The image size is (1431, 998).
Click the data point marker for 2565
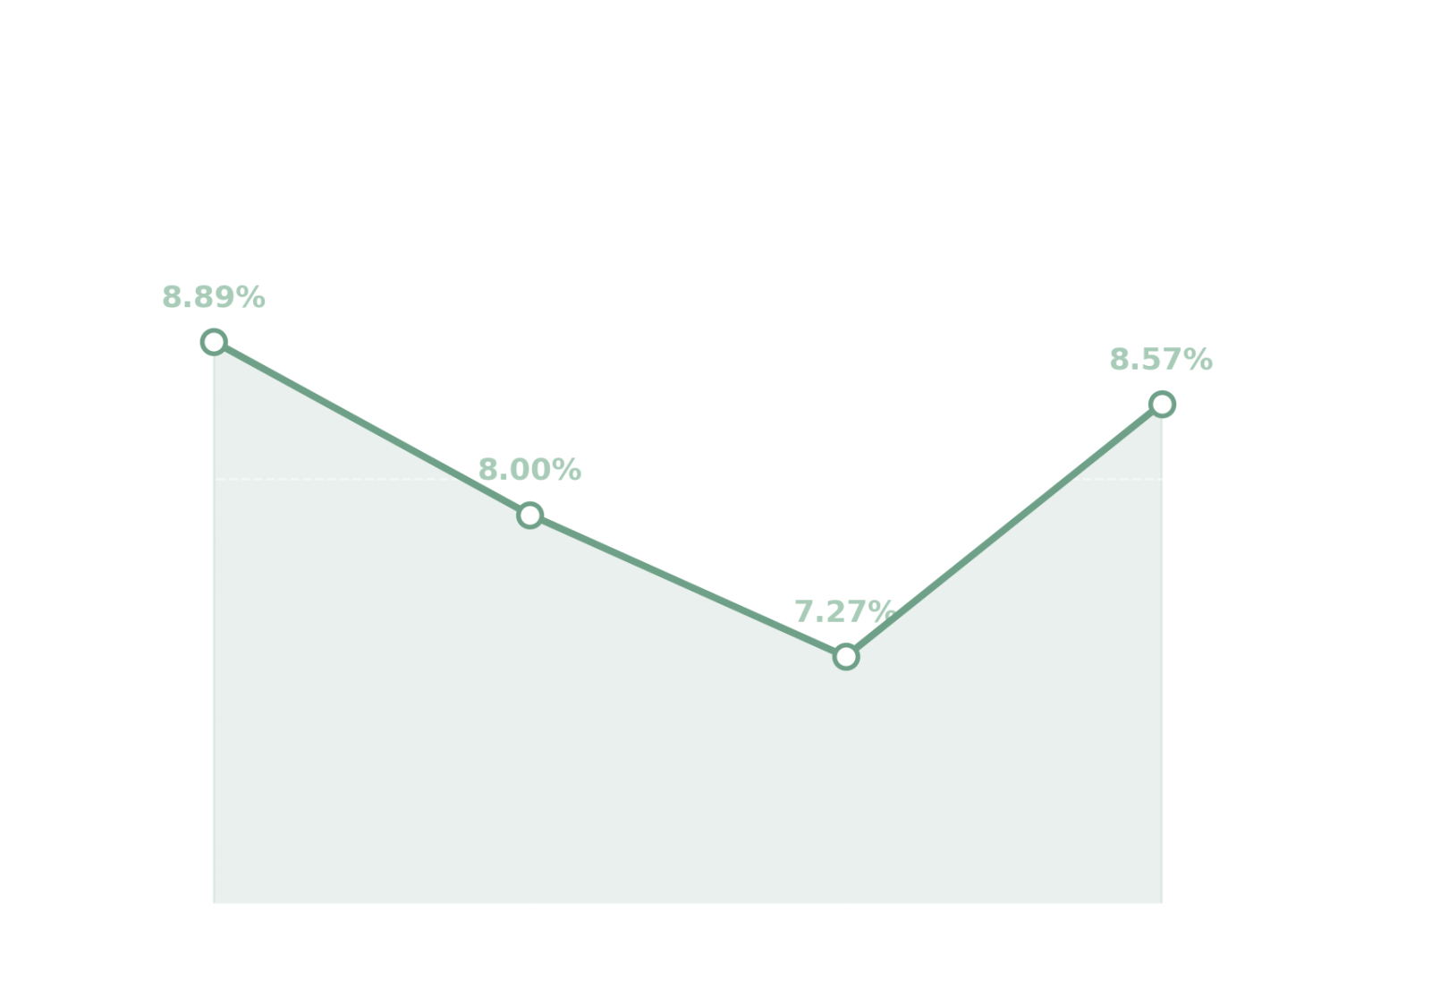(213, 341)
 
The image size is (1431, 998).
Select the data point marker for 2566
(529, 514)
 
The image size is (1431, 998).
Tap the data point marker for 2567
(846, 656)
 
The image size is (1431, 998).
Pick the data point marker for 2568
(1162, 404)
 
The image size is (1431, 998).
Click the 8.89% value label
(214, 297)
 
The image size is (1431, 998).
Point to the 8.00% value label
(529, 468)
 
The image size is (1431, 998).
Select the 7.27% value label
(844, 612)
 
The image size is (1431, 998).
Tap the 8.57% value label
(1160, 360)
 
